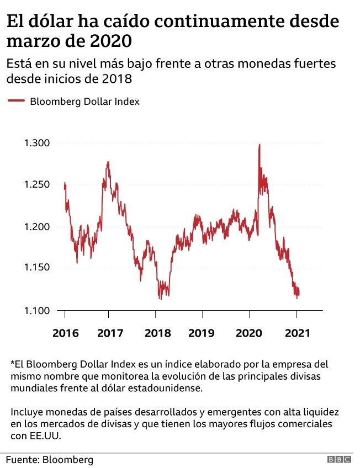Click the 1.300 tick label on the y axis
(37, 143)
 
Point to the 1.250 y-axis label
(37, 185)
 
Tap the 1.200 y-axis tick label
(37, 227)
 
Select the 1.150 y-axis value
(37, 268)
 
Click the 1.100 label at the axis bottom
(37, 310)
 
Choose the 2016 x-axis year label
(66, 334)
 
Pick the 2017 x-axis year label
(109, 334)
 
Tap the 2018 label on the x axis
(156, 334)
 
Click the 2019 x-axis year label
(202, 334)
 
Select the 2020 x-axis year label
(248, 334)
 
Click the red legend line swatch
(16, 101)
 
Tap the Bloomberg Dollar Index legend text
(84, 102)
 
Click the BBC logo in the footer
(340, 460)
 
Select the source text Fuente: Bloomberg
(50, 459)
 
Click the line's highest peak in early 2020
(260, 145)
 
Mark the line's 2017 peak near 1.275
(108, 162)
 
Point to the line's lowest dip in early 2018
(160, 299)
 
